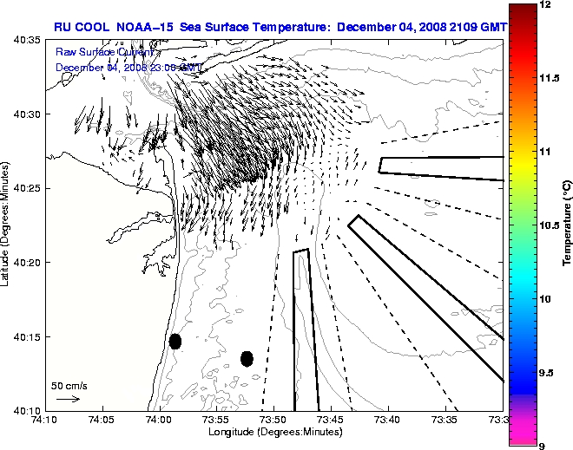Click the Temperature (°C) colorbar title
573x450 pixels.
566,225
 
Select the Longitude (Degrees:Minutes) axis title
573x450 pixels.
273,431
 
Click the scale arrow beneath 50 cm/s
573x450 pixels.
68,399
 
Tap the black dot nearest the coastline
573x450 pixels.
175,341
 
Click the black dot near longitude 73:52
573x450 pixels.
247,358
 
